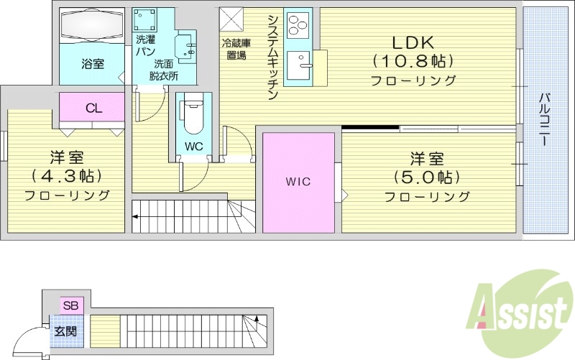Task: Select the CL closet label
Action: click(93, 109)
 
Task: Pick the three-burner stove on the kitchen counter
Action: click(297, 26)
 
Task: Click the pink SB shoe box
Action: click(70, 305)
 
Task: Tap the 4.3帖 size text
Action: click(65, 175)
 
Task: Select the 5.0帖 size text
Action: click(426, 177)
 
